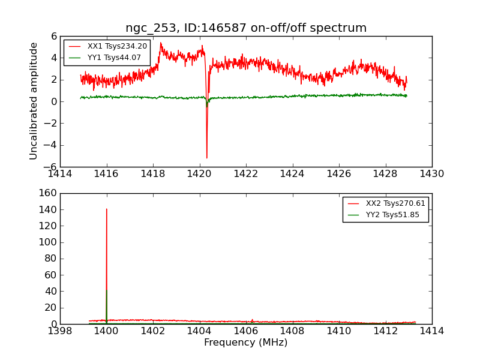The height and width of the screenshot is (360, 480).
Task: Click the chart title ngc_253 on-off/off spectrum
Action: click(246, 28)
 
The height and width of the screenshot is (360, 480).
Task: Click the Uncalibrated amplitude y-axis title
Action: click(34, 101)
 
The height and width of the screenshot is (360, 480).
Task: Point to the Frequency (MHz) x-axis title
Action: click(245, 343)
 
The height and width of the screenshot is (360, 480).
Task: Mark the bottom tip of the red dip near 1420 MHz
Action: click(207, 158)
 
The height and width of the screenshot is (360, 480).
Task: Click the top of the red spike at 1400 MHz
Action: click(107, 209)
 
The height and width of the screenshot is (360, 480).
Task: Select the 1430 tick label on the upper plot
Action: click(431, 174)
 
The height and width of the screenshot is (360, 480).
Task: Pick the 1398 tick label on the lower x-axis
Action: click(60, 331)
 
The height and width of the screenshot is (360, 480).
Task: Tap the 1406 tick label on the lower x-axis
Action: click(246, 331)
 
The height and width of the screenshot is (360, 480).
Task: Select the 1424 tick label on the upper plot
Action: click(292, 174)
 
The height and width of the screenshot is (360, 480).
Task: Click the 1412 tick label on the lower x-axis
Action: click(385, 331)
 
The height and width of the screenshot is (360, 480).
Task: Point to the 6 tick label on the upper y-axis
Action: click(53, 36)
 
